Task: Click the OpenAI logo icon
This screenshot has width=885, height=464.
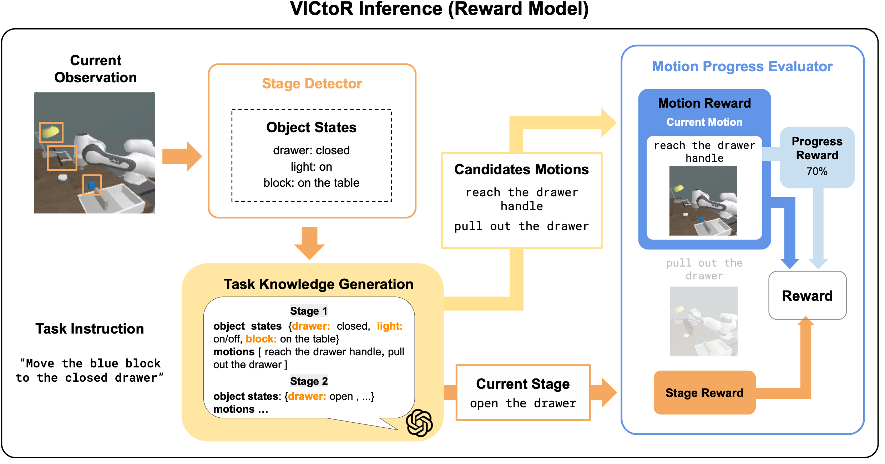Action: (x=419, y=423)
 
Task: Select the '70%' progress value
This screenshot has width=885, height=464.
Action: (x=817, y=171)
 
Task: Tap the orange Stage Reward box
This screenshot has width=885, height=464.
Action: (x=704, y=393)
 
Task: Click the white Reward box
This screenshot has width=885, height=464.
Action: (x=807, y=296)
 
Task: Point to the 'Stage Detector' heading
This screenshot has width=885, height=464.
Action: (x=312, y=84)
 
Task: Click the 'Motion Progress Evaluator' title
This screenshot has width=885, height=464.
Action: (x=742, y=67)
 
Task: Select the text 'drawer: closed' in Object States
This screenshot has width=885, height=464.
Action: (x=311, y=150)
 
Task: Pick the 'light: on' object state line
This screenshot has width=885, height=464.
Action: (x=311, y=167)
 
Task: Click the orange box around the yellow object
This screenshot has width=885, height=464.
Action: (x=51, y=132)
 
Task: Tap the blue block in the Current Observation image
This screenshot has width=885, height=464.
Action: (x=91, y=185)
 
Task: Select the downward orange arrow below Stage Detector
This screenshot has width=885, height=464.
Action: (x=309, y=243)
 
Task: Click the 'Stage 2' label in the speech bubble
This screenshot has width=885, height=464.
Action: (x=309, y=381)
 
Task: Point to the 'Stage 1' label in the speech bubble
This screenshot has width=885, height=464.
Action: (x=309, y=311)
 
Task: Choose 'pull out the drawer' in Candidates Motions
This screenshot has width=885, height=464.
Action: (x=521, y=226)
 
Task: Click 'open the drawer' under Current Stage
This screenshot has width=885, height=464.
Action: (x=523, y=403)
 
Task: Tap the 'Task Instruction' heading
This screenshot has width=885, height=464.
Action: (x=90, y=329)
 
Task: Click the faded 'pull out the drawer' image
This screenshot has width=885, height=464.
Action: (x=704, y=321)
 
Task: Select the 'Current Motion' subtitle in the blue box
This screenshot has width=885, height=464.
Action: (x=704, y=122)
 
